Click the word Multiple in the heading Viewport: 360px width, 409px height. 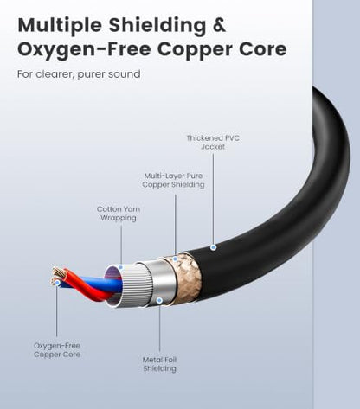(60, 26)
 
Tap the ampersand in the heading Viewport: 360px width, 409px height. (219, 25)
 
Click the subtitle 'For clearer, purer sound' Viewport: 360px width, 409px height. (79, 74)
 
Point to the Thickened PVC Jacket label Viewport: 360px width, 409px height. (213, 143)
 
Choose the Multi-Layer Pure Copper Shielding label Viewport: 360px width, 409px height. (173, 180)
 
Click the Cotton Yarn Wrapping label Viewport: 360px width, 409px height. (119, 214)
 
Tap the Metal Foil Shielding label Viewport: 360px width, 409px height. (159, 364)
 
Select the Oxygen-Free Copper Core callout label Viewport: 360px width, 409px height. (57, 350)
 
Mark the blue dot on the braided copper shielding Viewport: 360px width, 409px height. (175, 259)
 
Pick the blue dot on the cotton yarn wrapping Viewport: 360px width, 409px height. (121, 268)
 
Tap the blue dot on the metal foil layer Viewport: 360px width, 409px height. (159, 301)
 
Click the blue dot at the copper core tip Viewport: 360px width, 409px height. (57, 283)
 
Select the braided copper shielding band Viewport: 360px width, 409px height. (184, 278)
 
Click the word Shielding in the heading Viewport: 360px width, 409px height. (157, 26)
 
